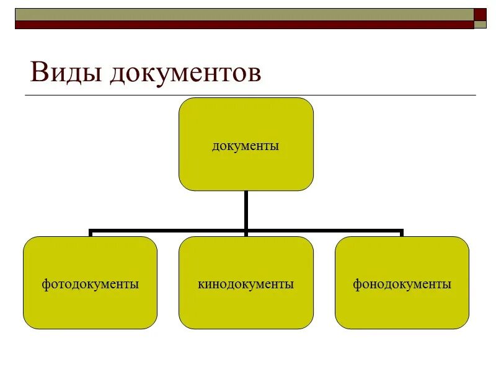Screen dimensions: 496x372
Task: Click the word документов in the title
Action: [x=185, y=73]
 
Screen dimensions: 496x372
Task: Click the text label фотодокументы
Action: [x=90, y=285]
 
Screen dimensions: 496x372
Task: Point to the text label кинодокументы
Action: [x=246, y=285]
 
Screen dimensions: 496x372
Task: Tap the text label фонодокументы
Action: [x=402, y=285]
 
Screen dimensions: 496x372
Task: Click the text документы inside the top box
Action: [x=246, y=146]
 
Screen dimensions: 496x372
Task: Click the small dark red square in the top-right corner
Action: [x=480, y=14]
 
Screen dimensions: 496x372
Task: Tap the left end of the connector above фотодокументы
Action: [x=91, y=232]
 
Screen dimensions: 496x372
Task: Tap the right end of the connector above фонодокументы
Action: [x=402, y=232]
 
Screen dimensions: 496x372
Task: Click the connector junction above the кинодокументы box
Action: [x=246, y=232]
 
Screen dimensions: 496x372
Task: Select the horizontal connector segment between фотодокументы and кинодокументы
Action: [x=168, y=231]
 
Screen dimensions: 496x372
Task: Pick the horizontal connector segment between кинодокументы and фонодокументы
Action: [x=324, y=231]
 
